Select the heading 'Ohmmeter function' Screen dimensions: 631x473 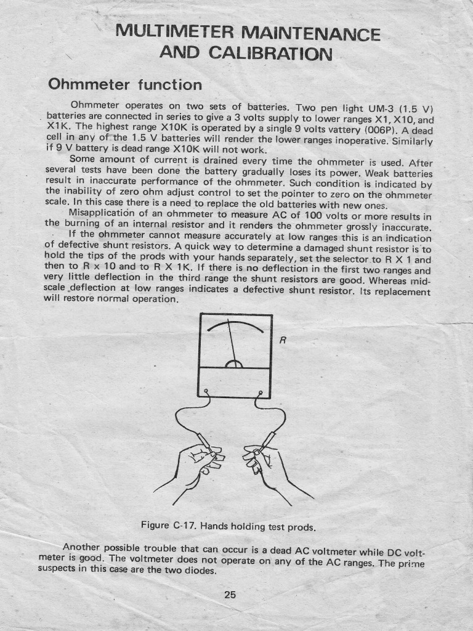(124, 84)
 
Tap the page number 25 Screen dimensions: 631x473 (230, 595)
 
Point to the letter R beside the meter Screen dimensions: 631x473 (282, 339)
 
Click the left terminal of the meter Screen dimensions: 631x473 (206, 391)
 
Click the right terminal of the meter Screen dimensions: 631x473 (261, 393)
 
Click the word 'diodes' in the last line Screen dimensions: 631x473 (201, 570)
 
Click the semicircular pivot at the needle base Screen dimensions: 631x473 (234, 364)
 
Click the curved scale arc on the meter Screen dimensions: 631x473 (235, 326)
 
